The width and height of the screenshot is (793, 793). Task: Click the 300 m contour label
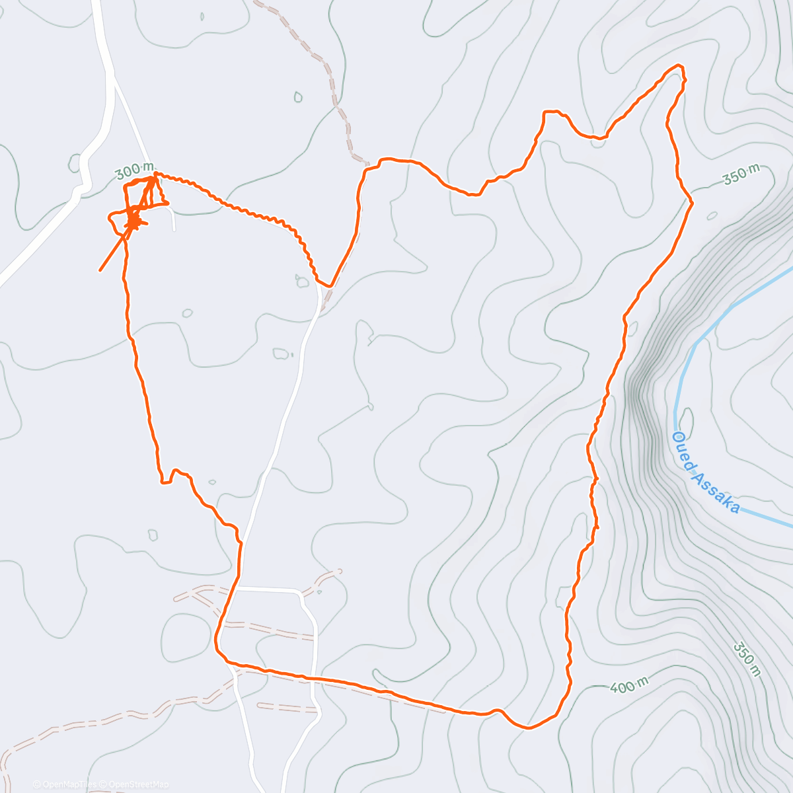134,171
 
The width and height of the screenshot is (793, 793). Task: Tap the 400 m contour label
628,686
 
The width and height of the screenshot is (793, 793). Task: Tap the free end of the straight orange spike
100,270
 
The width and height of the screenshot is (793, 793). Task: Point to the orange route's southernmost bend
529,728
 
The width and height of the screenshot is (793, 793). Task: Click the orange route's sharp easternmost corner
692,203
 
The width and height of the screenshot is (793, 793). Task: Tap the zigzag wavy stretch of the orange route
264,214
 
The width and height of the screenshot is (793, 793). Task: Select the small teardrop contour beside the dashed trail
298,97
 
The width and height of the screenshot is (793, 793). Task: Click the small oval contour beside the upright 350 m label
712,215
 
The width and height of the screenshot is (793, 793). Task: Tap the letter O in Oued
677,437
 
